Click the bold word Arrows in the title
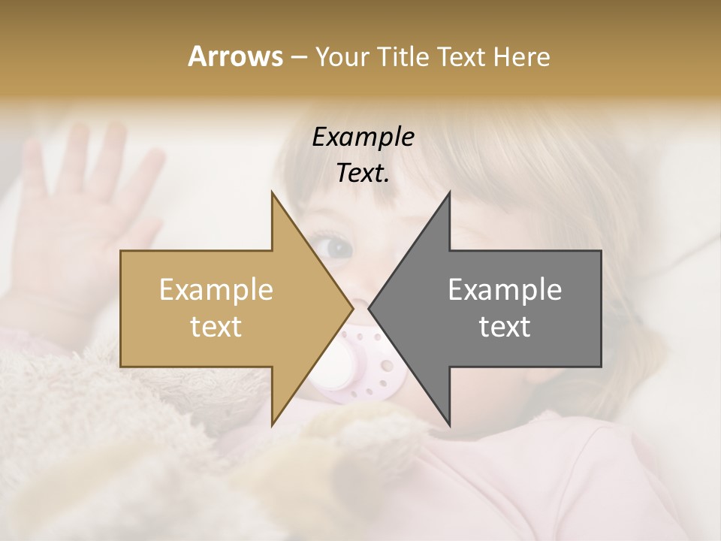coord(235,56)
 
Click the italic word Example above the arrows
coord(363,138)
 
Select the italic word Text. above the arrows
coord(363,174)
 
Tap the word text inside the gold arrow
coord(216,327)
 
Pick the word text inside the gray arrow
coord(505,327)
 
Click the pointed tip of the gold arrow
coord(352,309)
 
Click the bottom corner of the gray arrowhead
coord(449,425)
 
